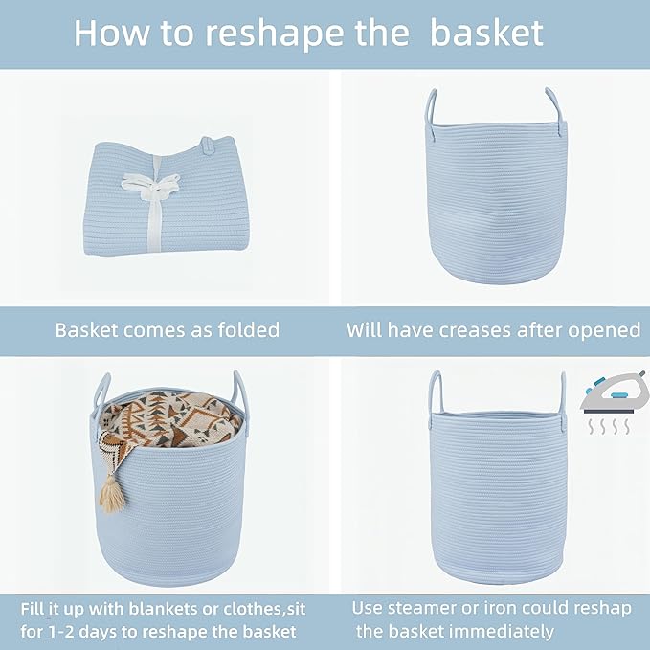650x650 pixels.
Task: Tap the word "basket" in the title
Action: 487,33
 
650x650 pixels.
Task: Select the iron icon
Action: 606,393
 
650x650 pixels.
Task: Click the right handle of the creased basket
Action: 553,105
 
